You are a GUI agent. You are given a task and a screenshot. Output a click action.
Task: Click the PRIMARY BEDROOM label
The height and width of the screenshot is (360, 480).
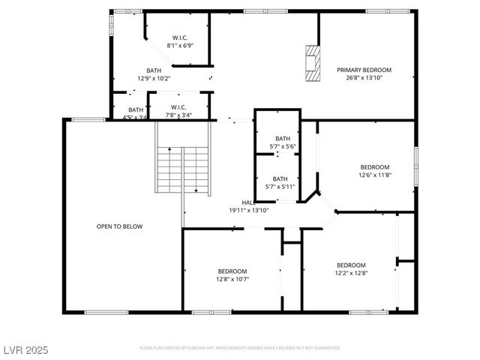click(364, 70)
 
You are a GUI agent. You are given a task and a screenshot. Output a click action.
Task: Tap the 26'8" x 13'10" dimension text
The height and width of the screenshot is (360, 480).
click(364, 78)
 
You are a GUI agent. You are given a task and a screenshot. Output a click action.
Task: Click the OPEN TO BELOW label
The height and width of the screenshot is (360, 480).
click(119, 226)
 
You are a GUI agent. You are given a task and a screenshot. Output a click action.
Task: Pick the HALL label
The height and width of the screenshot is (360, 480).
click(248, 202)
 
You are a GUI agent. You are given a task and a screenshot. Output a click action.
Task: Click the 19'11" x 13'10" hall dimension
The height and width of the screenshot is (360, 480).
click(249, 211)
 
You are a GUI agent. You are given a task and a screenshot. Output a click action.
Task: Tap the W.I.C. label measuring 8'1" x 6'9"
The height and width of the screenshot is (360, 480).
click(180, 37)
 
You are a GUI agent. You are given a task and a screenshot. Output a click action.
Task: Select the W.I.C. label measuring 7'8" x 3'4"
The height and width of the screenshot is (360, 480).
click(178, 107)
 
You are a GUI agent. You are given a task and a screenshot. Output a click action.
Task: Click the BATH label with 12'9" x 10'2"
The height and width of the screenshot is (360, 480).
click(154, 70)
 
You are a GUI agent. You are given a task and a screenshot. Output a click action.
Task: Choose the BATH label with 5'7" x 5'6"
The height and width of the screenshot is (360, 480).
click(282, 138)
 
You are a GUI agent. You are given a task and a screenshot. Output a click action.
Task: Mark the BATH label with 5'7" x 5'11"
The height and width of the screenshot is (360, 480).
click(280, 178)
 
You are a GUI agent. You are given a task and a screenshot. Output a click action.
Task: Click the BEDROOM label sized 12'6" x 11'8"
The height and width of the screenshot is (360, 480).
click(374, 166)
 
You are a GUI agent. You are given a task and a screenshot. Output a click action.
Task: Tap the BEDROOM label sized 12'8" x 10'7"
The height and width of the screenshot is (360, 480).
click(232, 271)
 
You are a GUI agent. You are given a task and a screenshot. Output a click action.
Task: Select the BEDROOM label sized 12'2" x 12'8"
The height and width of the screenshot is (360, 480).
click(351, 265)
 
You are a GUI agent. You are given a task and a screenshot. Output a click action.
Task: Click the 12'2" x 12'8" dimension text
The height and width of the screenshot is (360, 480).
click(351, 273)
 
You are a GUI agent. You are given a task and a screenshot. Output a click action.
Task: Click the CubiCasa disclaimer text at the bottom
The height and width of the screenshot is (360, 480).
click(240, 348)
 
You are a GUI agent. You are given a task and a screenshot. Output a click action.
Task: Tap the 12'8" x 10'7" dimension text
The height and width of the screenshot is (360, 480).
click(232, 279)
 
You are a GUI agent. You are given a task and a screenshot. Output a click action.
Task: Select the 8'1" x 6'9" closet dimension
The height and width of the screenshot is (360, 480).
click(180, 45)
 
